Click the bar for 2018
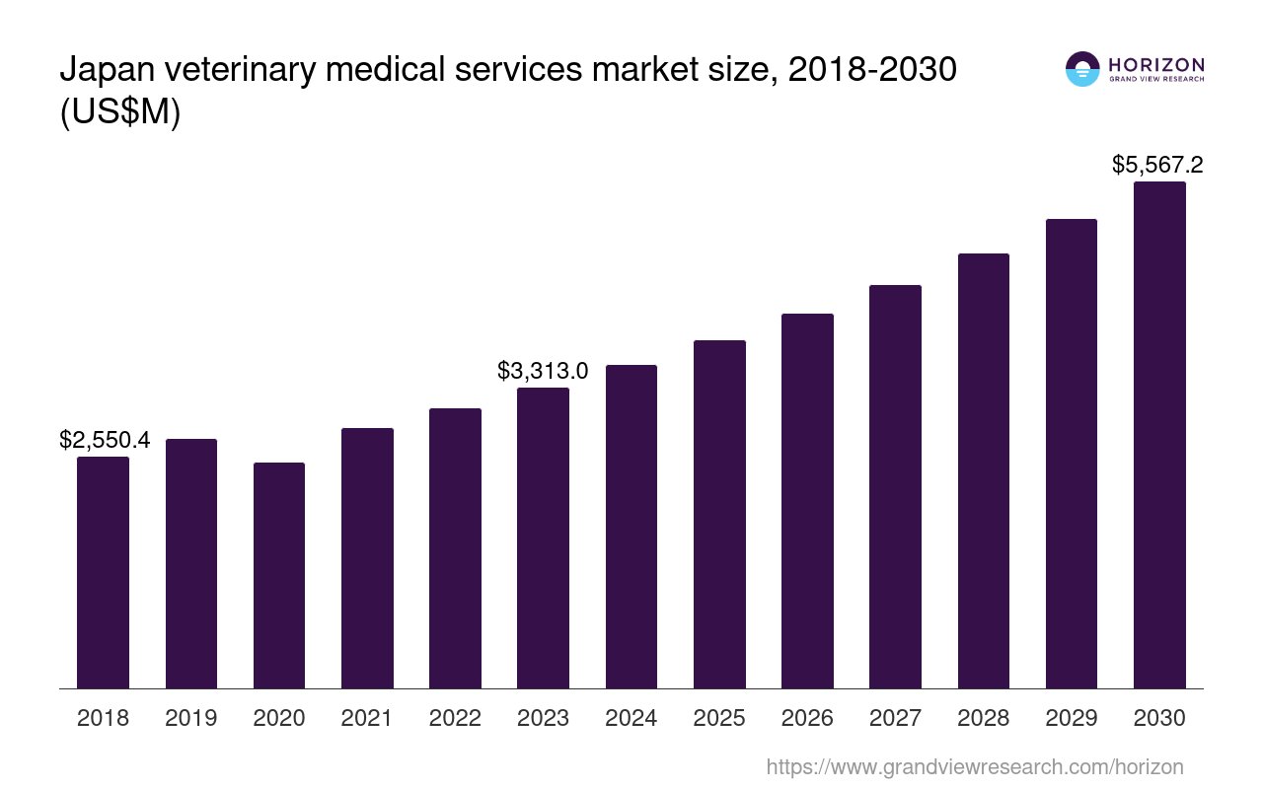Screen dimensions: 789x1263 tap(103, 572)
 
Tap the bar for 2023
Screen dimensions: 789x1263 tap(543, 538)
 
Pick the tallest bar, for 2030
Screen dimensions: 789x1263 tap(1159, 434)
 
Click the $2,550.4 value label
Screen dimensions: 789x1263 tap(105, 440)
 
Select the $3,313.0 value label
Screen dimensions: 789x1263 tap(543, 371)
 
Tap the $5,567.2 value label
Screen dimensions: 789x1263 tap(1157, 165)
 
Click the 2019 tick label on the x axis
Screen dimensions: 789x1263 tap(191, 718)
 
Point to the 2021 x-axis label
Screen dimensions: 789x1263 tap(367, 718)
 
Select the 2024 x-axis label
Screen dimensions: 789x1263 tap(631, 718)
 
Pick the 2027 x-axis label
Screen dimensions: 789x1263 tap(895, 718)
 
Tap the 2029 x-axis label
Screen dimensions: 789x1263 tap(1072, 718)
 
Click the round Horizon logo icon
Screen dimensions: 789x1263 tap(1082, 69)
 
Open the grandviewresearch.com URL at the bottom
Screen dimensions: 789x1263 tap(974, 766)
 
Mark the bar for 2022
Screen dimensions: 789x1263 tap(455, 548)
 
